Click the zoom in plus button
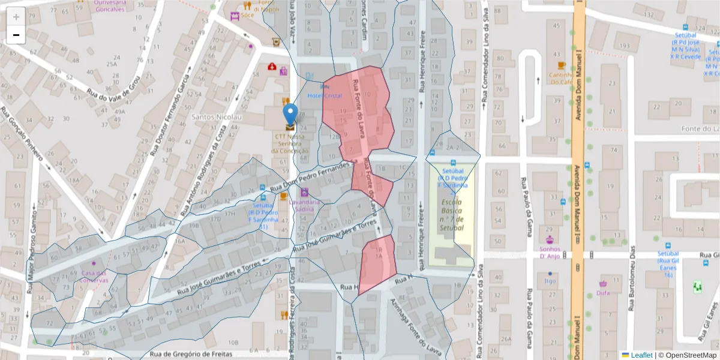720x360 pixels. pos(16,17)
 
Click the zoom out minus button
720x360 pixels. pos(16,35)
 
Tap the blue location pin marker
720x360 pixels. pos(290,115)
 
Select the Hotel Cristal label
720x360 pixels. pos(325,95)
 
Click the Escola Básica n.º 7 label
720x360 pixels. pos(451,215)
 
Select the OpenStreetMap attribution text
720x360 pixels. pos(688,355)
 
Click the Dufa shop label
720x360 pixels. pos(603,293)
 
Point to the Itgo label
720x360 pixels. pos(550,280)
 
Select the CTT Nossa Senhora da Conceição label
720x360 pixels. pos(290,143)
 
